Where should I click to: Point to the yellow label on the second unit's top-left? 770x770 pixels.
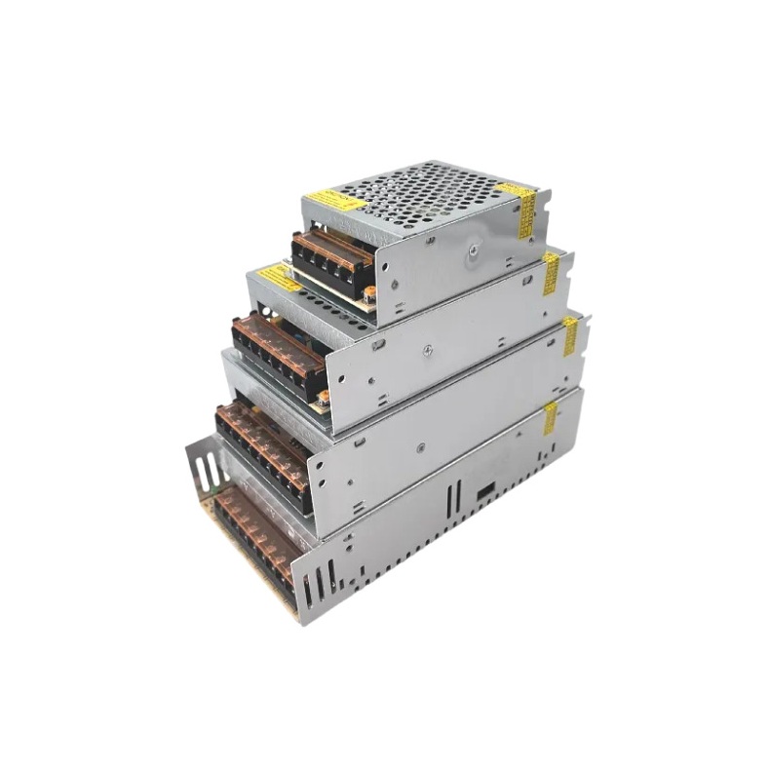click(279, 278)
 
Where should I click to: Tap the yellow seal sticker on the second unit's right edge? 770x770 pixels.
click(551, 274)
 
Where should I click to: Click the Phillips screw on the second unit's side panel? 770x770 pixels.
click(426, 346)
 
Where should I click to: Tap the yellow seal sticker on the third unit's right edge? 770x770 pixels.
click(569, 335)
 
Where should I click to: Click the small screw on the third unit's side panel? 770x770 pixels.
click(420, 447)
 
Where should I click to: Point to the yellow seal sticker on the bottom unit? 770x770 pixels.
click(550, 417)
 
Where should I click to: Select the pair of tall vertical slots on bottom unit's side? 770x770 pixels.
click(452, 499)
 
